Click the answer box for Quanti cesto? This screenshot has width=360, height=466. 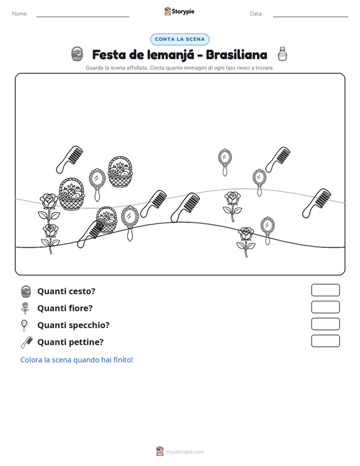[325, 290]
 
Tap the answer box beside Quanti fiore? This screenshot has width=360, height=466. [325, 307]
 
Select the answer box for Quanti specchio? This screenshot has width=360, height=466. [325, 324]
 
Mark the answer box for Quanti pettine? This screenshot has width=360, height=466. [325, 341]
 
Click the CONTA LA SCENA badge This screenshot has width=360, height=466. [180, 39]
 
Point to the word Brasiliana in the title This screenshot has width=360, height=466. [237, 55]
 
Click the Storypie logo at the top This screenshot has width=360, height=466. [179, 11]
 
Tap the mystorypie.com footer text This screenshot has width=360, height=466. [184, 452]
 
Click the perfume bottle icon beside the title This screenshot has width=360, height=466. [282, 54]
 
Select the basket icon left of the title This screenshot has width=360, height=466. [78, 54]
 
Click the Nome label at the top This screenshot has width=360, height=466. [20, 14]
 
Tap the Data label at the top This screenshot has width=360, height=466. [256, 14]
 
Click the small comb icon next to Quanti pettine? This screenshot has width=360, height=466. [27, 342]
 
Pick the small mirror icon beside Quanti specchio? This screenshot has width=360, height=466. [24, 326]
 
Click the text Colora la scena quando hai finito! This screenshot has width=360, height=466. [76, 360]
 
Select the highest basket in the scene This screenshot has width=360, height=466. [120, 172]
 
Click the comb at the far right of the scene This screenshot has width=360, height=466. [317, 203]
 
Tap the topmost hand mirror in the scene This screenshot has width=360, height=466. [225, 162]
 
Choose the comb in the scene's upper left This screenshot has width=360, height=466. [70, 160]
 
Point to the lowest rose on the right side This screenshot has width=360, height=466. [246, 242]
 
